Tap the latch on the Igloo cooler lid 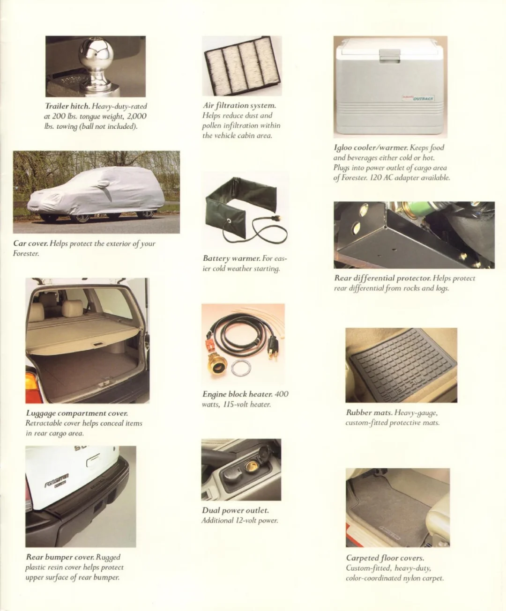[390, 56]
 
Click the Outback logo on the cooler [418, 98]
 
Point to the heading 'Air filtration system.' [239, 105]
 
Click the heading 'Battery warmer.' [231, 258]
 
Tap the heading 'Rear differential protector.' [383, 278]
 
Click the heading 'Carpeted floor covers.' [385, 558]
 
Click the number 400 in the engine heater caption [282, 394]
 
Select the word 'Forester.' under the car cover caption [26, 253]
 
